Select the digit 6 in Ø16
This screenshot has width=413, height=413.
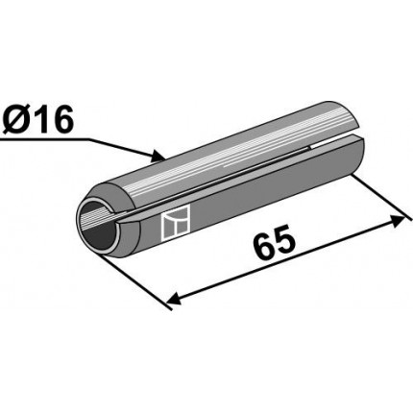tap(61, 119)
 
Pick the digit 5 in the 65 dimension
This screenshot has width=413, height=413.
tap(284, 239)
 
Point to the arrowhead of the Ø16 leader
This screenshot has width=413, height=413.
tap(158, 156)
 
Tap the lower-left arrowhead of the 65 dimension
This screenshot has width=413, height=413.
tap(175, 300)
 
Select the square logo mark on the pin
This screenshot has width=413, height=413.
tap(176, 223)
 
